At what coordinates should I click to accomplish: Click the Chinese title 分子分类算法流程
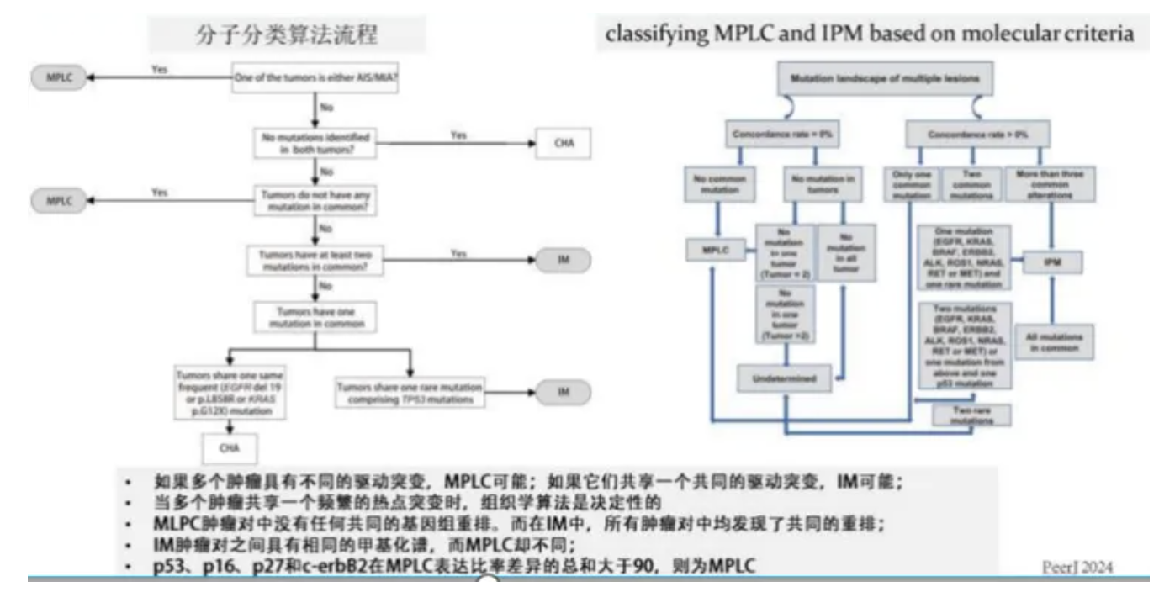coord(286,34)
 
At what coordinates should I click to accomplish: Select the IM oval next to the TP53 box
coord(564,392)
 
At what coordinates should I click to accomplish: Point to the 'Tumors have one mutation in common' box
coord(315,317)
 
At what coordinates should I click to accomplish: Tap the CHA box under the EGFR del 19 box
coord(230,448)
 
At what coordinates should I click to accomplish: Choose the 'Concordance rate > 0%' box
coord(977,134)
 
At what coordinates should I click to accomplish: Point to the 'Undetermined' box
coord(785,378)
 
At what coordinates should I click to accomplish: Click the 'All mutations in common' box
coord(1054,342)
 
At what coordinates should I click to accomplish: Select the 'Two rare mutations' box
coord(962,414)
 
